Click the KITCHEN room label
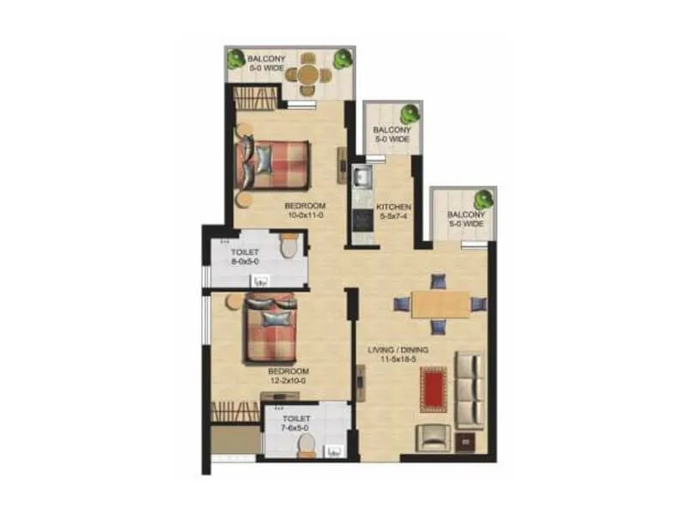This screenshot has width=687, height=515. (393, 208)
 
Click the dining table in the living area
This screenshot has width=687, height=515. (440, 304)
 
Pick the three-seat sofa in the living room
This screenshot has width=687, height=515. (470, 390)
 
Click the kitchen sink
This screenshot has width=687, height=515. (362, 178)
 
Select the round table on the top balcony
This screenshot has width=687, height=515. (309, 74)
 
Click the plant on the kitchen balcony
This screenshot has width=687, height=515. (410, 112)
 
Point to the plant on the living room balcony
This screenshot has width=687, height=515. (483, 198)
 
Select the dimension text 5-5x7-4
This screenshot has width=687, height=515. (393, 218)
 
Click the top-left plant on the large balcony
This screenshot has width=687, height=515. (236, 59)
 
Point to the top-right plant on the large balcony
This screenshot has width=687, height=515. (343, 58)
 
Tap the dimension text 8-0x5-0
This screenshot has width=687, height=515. (245, 261)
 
